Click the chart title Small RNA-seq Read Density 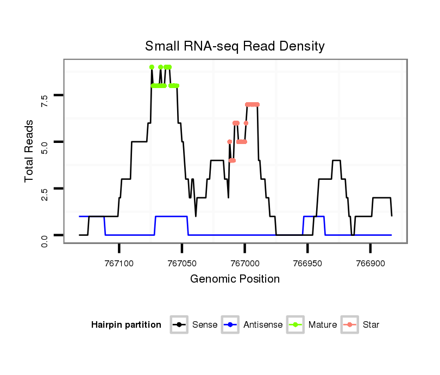click(x=235, y=46)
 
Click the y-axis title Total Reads click(x=30, y=150)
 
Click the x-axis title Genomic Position click(x=235, y=279)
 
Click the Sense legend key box click(x=179, y=325)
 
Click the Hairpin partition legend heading click(x=126, y=325)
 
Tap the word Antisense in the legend click(x=263, y=325)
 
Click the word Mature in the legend click(x=323, y=325)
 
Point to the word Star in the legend click(x=371, y=325)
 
